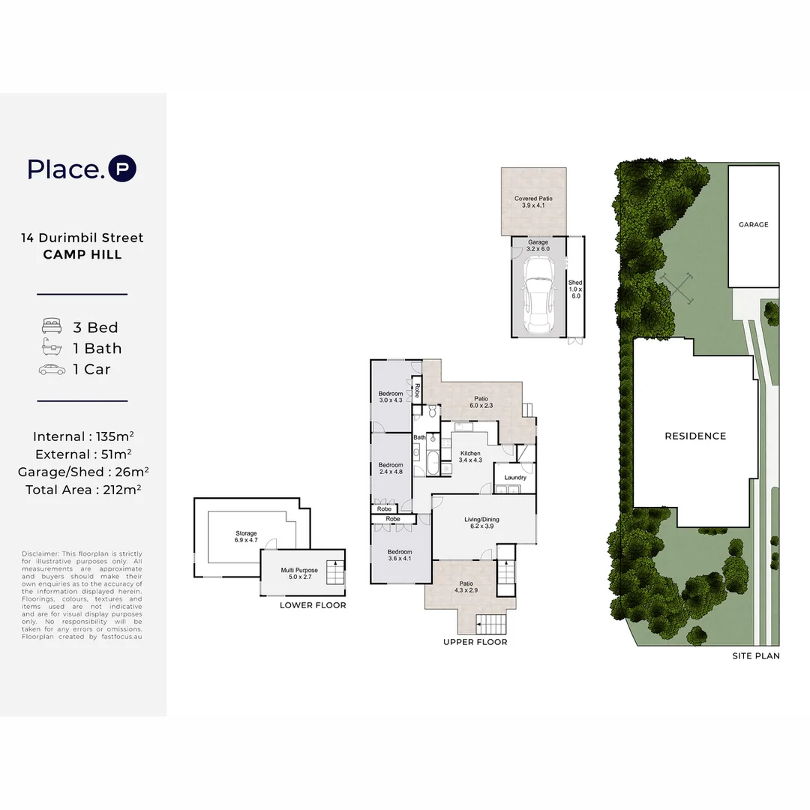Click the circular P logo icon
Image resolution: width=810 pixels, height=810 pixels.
coord(122,169)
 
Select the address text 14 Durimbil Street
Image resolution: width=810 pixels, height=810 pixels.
coord(82,238)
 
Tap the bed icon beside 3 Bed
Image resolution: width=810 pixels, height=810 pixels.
coord(52,327)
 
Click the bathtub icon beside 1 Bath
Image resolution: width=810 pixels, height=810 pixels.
coord(52,348)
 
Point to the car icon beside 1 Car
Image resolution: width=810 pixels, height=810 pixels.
coord(52,369)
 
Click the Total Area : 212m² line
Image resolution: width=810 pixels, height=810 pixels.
coord(82,490)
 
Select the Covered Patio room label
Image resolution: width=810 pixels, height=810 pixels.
coord(533,202)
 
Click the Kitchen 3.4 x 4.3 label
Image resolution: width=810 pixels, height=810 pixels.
coord(470,457)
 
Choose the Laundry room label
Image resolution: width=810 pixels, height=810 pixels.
coord(515,477)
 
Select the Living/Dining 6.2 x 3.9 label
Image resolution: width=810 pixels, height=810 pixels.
coord(481,523)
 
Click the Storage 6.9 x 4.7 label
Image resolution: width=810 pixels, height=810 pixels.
coord(246,537)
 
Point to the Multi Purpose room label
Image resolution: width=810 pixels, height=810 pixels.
coord(299,574)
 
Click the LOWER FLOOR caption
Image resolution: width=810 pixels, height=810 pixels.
coord(313,605)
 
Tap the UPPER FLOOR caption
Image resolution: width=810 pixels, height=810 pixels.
coord(475,642)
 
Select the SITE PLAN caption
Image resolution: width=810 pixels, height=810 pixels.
coord(756,655)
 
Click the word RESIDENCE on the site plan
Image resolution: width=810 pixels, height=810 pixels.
coord(695,436)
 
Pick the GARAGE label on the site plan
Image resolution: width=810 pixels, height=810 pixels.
coord(753,224)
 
